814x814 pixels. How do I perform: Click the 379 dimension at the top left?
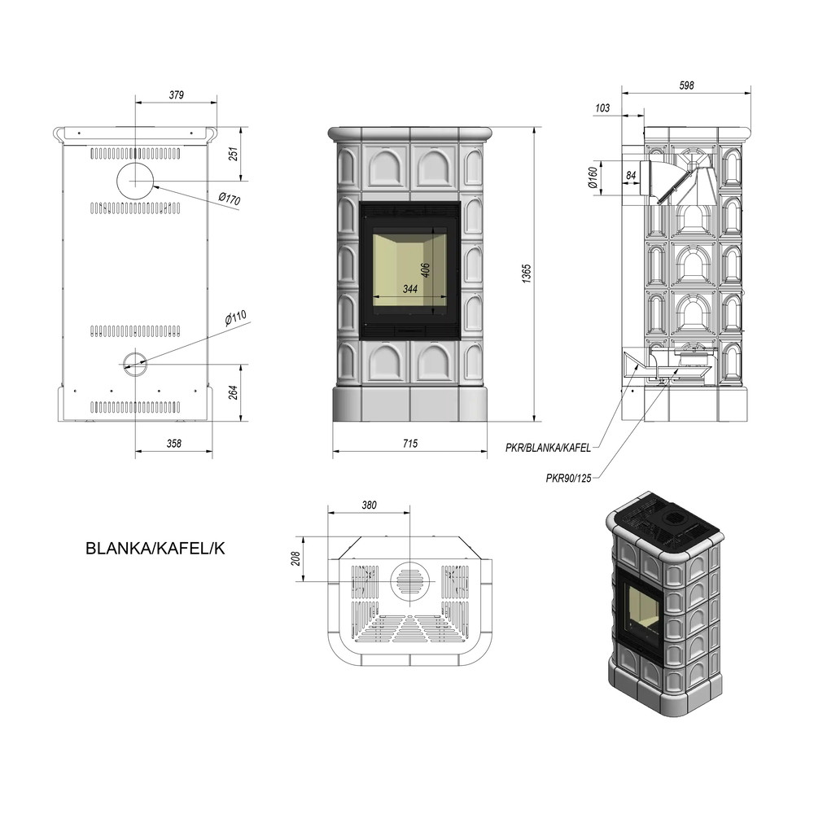point(177,95)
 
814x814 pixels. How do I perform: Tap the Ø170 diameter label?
point(230,199)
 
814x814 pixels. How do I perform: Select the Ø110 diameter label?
point(236,318)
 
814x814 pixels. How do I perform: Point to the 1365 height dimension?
point(527,274)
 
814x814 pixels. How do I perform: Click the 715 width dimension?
point(409,444)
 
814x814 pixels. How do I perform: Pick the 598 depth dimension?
point(686,85)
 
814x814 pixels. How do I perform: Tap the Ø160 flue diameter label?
point(593,177)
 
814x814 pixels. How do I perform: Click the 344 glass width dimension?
point(410,289)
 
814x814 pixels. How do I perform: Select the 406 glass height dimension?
point(425,270)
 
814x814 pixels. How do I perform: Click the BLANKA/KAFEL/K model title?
point(155,549)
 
